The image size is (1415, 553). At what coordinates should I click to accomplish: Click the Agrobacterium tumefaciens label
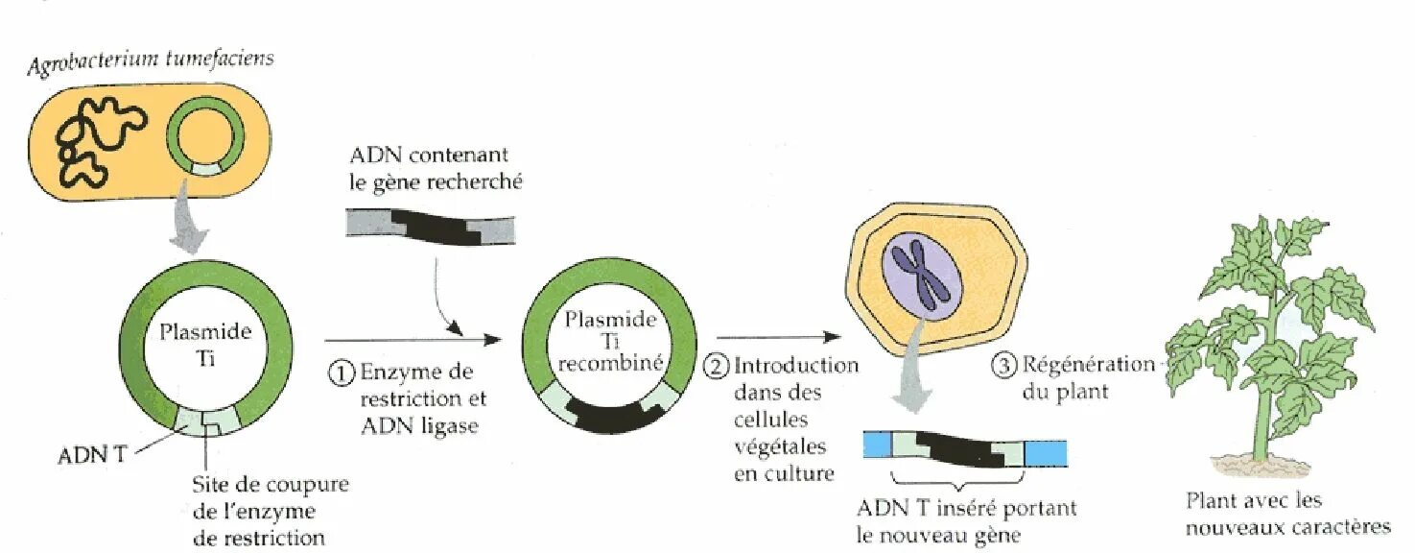pos(151,60)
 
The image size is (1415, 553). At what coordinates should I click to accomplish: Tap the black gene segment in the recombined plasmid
pos(606,411)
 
